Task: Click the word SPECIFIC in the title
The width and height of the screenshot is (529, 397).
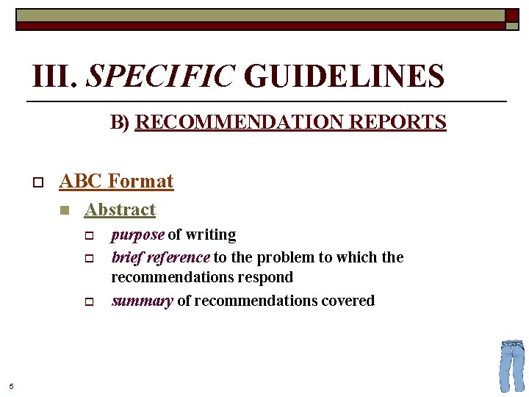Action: click(x=160, y=76)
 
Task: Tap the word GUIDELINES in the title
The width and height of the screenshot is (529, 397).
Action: click(x=344, y=76)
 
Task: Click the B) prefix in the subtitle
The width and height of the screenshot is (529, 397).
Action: click(x=120, y=122)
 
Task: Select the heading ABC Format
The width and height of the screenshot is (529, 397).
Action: click(x=116, y=181)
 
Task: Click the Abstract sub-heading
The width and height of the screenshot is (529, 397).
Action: click(x=120, y=210)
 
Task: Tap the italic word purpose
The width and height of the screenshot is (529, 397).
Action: click(x=137, y=235)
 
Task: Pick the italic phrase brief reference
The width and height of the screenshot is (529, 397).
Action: click(x=160, y=257)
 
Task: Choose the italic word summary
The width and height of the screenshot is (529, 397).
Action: click(x=142, y=301)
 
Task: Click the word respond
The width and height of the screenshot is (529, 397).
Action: click(x=269, y=277)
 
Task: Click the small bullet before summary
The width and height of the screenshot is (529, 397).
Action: click(x=87, y=301)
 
